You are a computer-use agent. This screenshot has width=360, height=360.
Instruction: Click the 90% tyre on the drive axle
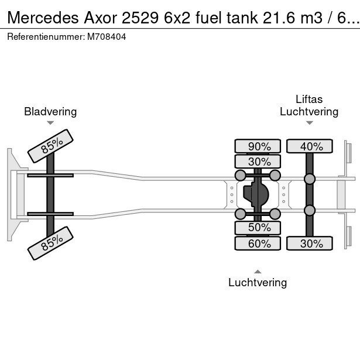pyautogui.click(x=258, y=146)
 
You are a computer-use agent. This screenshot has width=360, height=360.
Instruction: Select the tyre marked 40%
pyautogui.click(x=310, y=146)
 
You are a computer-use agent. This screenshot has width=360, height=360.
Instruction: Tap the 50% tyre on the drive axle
pyautogui.click(x=258, y=228)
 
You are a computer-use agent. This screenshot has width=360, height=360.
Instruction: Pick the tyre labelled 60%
pyautogui.click(x=258, y=244)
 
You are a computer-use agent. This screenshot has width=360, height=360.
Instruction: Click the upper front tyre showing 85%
pyautogui.click(x=50, y=146)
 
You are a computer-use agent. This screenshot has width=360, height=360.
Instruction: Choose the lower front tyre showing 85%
pyautogui.click(x=50, y=243)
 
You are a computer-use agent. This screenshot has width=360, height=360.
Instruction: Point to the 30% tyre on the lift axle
pyautogui.click(x=310, y=244)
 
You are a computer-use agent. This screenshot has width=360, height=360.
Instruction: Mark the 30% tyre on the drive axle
pyautogui.click(x=258, y=162)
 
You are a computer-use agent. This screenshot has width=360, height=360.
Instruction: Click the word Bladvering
pyautogui.click(x=50, y=112)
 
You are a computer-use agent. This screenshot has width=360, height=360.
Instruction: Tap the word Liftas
pyautogui.click(x=309, y=100)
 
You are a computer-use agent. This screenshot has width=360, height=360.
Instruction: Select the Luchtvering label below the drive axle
pyautogui.click(x=258, y=282)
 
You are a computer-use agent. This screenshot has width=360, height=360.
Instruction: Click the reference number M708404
pyautogui.click(x=107, y=37)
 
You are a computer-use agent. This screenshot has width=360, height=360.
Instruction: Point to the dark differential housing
pyautogui.click(x=256, y=194)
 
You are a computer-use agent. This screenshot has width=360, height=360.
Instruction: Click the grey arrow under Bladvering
pyautogui.click(x=50, y=123)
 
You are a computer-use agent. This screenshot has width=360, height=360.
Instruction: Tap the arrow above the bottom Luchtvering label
pyautogui.click(x=258, y=272)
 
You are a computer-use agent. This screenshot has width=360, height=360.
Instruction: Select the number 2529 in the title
pyautogui.click(x=140, y=18)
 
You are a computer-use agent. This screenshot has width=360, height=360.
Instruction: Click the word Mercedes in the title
pyautogui.click(x=43, y=18)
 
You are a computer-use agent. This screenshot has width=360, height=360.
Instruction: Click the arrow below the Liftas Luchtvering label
pyautogui.click(x=310, y=123)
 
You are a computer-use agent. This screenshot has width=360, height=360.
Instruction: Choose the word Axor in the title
pyautogui.click(x=100, y=18)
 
